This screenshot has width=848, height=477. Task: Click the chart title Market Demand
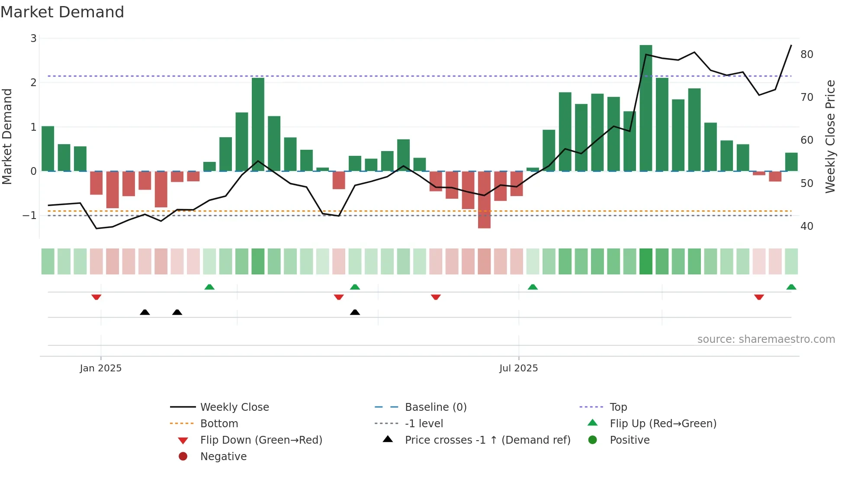pyautogui.click(x=62, y=12)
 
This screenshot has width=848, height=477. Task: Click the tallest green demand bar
pyautogui.click(x=646, y=108)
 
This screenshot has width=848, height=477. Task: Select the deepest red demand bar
pyautogui.click(x=484, y=200)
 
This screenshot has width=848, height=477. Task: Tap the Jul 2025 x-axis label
pyautogui.click(x=518, y=368)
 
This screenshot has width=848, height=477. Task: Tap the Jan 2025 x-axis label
pyautogui.click(x=101, y=368)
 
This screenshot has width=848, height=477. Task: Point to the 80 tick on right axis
pyautogui.click(x=806, y=55)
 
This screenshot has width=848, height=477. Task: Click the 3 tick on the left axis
pyautogui.click(x=33, y=39)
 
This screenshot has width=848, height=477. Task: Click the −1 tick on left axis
pyautogui.click(x=30, y=215)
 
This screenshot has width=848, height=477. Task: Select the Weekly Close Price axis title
pyautogui.click(x=830, y=136)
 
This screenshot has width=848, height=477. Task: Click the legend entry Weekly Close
pyautogui.click(x=234, y=407)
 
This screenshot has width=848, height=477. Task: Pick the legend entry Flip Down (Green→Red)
pyautogui.click(x=261, y=440)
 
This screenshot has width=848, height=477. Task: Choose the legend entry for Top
pyautogui.click(x=618, y=407)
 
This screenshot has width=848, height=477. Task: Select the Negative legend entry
pyautogui.click(x=223, y=456)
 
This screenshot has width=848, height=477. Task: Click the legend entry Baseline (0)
pyautogui.click(x=436, y=407)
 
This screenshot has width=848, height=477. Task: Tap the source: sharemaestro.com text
pyautogui.click(x=766, y=339)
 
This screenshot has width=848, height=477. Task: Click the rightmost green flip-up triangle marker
pyautogui.click(x=791, y=287)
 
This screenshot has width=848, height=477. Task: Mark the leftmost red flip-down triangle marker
pyautogui.click(x=96, y=297)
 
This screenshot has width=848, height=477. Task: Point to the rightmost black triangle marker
pyautogui.click(x=355, y=312)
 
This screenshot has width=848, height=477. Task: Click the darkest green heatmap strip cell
pyautogui.click(x=646, y=261)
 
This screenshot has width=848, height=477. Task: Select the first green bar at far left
pyautogui.click(x=48, y=148)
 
